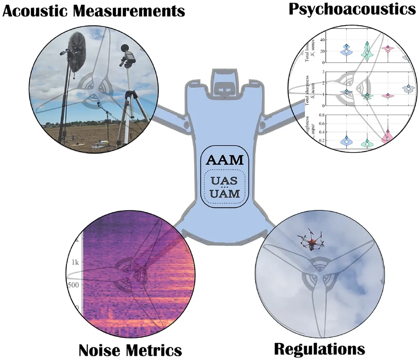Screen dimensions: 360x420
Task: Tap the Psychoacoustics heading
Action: tap(352, 9)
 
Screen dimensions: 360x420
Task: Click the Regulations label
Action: tap(320, 349)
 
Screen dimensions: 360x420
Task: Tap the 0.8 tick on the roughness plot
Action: tap(317, 116)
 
